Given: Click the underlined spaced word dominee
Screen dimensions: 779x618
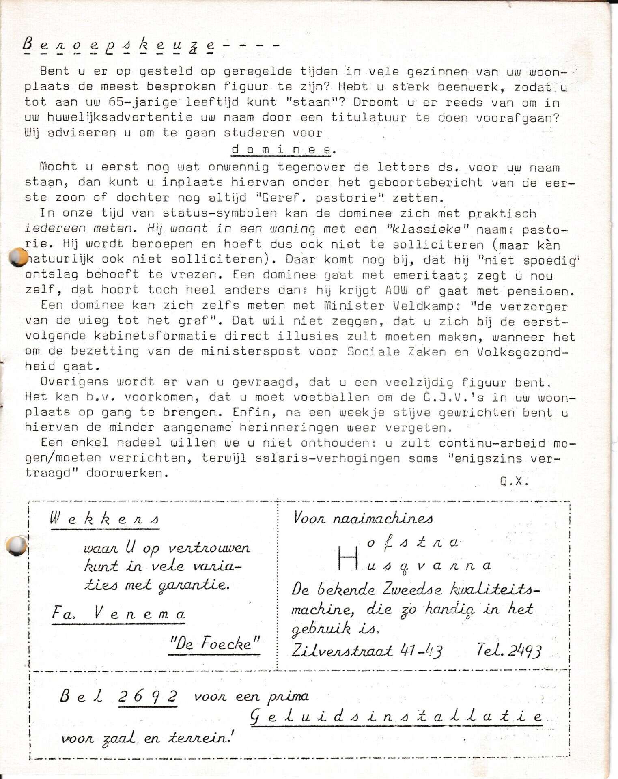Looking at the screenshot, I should (x=282, y=149).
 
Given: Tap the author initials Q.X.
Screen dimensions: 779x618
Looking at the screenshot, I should (x=514, y=481).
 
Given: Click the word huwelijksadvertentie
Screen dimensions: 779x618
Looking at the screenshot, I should (x=120, y=117).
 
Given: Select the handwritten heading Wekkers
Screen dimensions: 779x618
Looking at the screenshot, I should (x=105, y=519).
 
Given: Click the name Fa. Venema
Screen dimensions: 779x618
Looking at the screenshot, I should (x=118, y=613).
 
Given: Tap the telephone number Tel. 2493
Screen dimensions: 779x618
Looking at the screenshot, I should (x=509, y=650).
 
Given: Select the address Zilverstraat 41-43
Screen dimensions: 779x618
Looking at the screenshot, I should (x=367, y=651).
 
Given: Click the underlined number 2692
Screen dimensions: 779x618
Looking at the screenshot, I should (x=148, y=696).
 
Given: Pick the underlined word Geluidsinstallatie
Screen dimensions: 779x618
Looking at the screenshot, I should (x=396, y=717).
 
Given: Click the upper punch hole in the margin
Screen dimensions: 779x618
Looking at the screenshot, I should (x=18, y=257).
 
